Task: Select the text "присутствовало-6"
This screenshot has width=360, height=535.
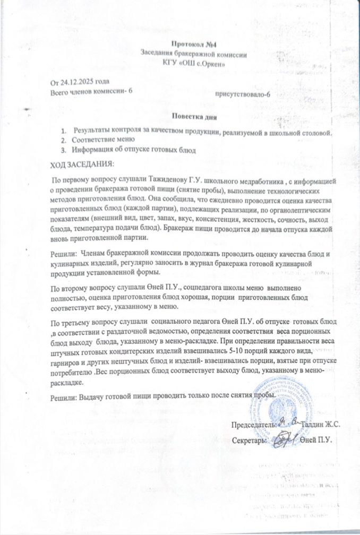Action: [x=258, y=94]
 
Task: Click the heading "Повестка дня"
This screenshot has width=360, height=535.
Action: [x=195, y=116]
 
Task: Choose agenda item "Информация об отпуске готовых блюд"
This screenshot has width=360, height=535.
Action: [x=134, y=150]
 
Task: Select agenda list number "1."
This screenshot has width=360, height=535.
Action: [x=63, y=131]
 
